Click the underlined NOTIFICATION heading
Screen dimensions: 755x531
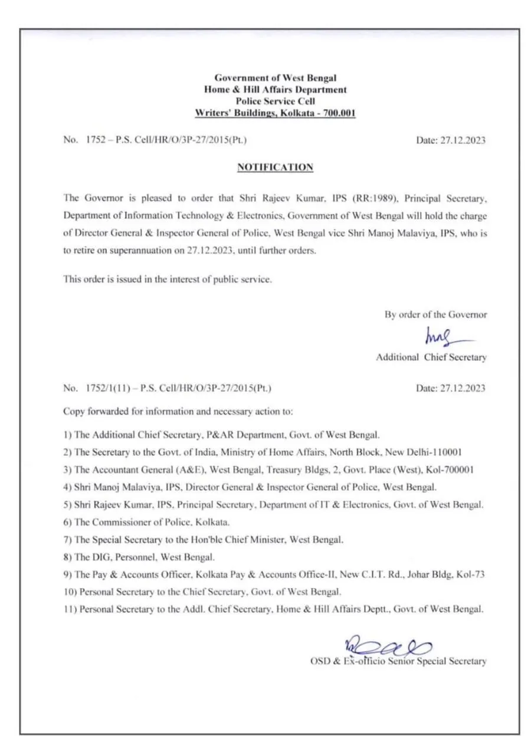tap(275, 168)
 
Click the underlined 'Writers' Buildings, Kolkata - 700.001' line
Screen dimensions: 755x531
tap(275, 113)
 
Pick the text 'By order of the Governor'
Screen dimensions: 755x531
tap(436, 314)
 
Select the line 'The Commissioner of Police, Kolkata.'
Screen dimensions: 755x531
tap(146, 522)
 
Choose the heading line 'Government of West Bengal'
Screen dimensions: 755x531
tap(275, 78)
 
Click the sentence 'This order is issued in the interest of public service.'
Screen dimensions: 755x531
tap(168, 279)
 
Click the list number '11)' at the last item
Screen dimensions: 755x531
tap(70, 609)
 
